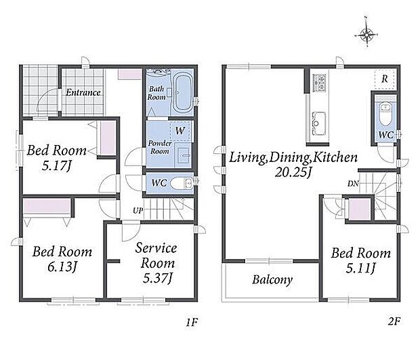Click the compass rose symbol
[x=366, y=34]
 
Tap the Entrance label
[x=83, y=93]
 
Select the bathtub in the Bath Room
[x=183, y=94]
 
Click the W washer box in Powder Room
[x=181, y=131]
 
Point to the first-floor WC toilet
[x=182, y=184]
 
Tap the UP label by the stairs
[x=138, y=211]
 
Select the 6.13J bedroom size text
[x=62, y=266]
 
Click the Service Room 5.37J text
[x=156, y=263]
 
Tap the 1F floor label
[x=192, y=322]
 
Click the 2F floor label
[x=394, y=321]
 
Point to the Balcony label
[x=272, y=280]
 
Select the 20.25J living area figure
[x=293, y=172]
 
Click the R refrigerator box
[x=385, y=79]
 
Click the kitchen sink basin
[x=318, y=123]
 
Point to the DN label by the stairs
[x=353, y=184]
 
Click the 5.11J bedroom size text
[x=361, y=268]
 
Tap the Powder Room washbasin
[x=183, y=155]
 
